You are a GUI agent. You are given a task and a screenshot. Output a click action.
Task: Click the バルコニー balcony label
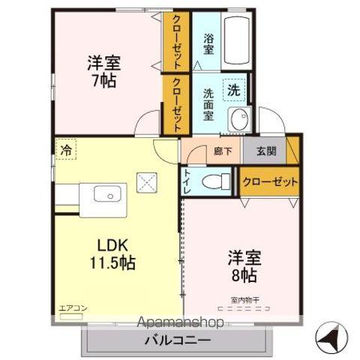coord(178,339)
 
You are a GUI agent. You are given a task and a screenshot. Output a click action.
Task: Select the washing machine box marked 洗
coord(235,90)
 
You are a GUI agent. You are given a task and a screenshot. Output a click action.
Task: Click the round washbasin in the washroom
coord(239,119)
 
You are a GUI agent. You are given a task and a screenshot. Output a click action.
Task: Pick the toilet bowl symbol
coord(217,181)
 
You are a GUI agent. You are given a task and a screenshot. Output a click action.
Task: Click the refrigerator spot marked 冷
coord(66,150)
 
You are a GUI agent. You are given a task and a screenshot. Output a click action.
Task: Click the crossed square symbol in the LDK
coord(145,181)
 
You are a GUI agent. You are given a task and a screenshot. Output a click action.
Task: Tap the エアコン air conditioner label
coord(69,308)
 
